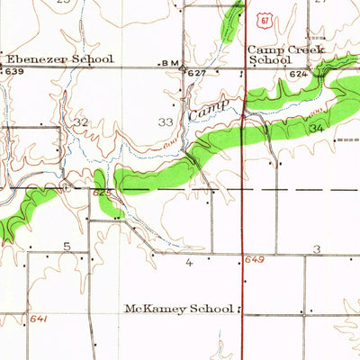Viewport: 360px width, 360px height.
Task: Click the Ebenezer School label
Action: tap(60, 58)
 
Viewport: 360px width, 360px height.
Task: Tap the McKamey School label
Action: tap(180, 308)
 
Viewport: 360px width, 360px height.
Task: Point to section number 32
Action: tap(82, 121)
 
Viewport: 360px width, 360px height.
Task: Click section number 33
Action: tap(166, 121)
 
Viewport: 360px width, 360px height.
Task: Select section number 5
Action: tap(67, 246)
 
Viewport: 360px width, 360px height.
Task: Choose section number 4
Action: tap(188, 264)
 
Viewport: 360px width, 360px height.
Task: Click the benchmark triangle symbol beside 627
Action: tap(183, 68)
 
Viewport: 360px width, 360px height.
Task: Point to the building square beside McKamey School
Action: tap(241, 308)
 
